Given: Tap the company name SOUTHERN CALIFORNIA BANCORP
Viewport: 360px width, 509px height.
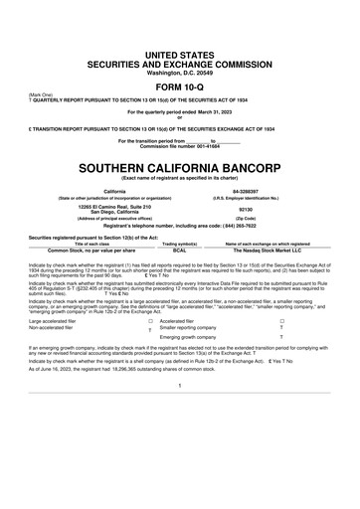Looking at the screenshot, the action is coord(180,163).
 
